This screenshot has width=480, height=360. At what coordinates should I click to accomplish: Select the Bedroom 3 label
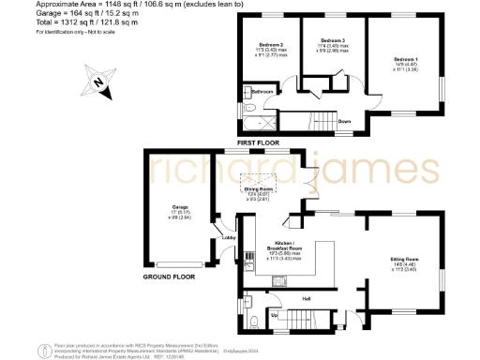[334, 41]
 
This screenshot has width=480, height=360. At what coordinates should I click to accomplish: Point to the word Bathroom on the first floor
[262, 92]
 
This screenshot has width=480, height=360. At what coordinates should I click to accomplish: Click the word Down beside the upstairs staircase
[344, 121]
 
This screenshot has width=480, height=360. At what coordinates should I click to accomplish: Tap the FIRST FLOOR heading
[259, 142]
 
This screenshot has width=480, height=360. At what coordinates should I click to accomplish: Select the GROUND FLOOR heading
[169, 278]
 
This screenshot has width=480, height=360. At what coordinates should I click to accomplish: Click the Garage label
[180, 206]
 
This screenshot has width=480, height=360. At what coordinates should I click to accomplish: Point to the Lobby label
[228, 238]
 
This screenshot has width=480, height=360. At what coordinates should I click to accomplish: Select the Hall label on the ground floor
[306, 299]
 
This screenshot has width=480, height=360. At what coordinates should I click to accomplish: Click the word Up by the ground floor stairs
[273, 316]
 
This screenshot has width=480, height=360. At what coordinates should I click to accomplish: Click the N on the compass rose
[98, 82]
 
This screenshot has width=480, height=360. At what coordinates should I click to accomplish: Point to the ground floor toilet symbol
[254, 322]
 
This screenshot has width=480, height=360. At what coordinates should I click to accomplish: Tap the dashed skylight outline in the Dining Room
[261, 180]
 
